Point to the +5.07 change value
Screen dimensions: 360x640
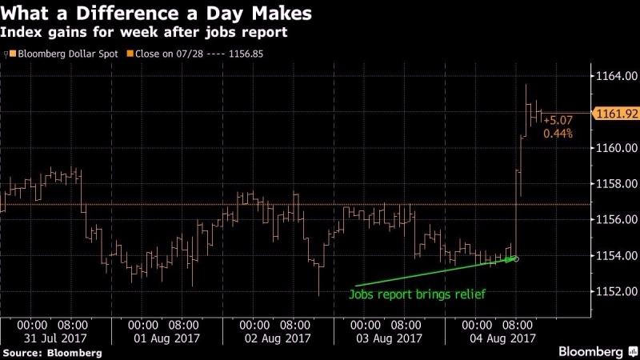tap(558, 121)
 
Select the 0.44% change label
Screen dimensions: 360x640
tap(558, 134)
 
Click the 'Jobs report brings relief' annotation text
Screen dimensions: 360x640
tap(417, 294)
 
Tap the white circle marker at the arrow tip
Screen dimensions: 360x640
tap(515, 258)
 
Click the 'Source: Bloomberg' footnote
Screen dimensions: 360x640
tap(52, 353)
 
